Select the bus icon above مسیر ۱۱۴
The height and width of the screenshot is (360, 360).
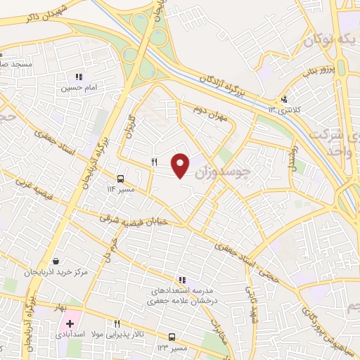pos(121,179)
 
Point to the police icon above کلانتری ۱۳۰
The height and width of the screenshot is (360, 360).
pos(283,99)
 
